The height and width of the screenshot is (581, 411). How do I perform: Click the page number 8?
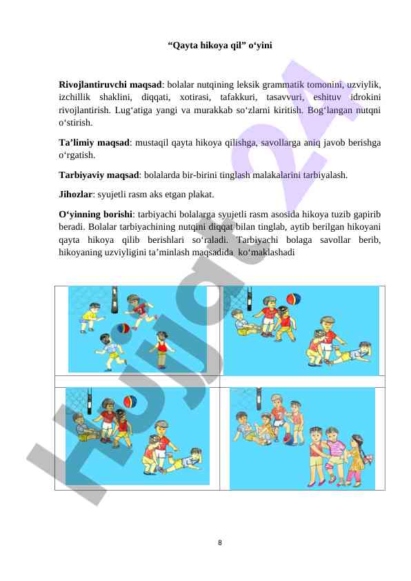(219, 543)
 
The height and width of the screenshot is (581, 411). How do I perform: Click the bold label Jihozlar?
(75, 195)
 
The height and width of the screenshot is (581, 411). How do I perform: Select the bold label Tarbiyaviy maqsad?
(99, 175)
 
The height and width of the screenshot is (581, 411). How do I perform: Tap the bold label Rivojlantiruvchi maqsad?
(110, 85)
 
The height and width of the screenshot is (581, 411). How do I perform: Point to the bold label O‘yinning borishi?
(96, 215)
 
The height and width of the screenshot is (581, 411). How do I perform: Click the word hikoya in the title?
(214, 46)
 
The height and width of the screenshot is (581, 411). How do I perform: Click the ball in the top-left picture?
(123, 328)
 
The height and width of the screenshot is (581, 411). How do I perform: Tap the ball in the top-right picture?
(294, 299)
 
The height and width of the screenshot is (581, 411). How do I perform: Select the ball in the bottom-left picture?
(130, 402)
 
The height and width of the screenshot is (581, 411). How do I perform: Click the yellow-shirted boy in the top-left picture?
(91, 317)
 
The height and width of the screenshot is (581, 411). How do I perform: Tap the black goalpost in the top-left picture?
(114, 299)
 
